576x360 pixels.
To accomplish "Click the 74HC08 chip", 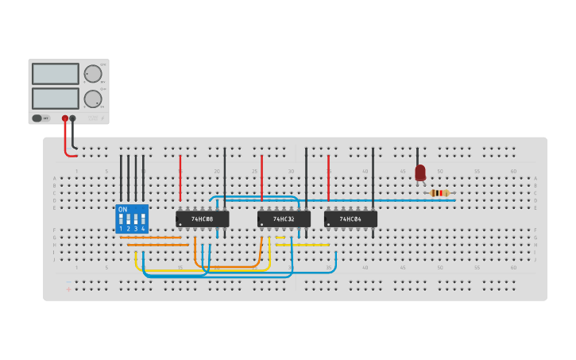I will tap(202, 219).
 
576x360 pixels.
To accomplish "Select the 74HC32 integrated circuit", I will tap(284, 219).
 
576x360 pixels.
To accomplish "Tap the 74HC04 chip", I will tap(350, 219).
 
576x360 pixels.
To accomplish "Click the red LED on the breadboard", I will tap(420, 172).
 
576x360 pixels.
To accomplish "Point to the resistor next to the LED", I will tap(439, 193).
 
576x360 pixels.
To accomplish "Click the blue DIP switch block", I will tap(132, 219).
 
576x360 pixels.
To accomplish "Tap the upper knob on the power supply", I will tap(93, 74).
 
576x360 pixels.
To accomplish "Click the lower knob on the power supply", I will tap(93, 99).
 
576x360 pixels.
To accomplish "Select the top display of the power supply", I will tap(56, 74).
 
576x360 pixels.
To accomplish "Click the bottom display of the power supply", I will tap(56, 99).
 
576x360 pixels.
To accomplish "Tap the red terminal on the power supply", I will tap(65, 118).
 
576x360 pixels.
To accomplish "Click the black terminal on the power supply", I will tap(73, 118).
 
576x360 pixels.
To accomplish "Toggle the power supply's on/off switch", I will tap(37, 118).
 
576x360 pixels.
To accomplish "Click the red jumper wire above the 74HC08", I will tap(180, 179).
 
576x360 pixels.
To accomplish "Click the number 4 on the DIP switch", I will tap(143, 229).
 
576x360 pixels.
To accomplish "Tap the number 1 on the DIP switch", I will tap(121, 229).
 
